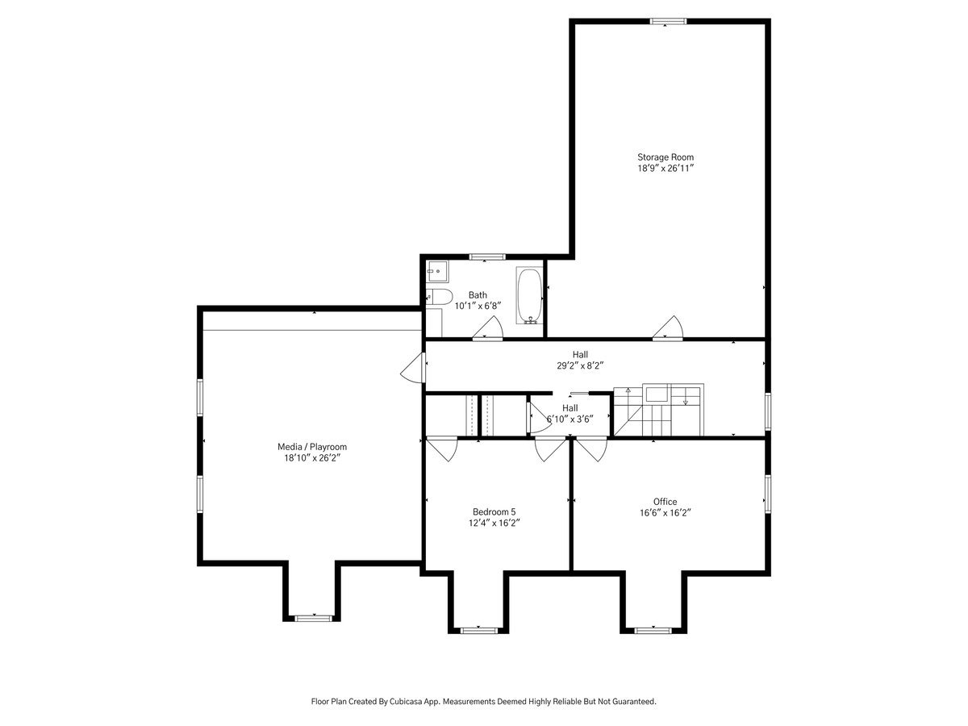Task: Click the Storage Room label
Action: tap(665, 157)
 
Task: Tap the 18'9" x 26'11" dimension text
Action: tap(665, 168)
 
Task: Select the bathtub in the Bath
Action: tap(529, 295)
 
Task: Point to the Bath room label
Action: tap(478, 295)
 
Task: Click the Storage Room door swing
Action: tap(668, 328)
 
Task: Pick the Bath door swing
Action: tap(488, 328)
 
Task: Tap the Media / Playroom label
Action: tap(312, 447)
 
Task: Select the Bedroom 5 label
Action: tap(494, 511)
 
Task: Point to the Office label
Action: tap(665, 501)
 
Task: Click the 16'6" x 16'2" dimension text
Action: tap(665, 513)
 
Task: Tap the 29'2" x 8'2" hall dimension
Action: tap(580, 365)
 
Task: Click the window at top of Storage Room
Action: tap(668, 21)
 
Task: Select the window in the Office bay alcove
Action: tap(653, 630)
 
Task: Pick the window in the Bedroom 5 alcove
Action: tap(479, 630)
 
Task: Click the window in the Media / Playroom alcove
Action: tap(313, 618)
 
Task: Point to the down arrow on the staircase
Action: tap(686, 397)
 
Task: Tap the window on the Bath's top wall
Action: tap(487, 257)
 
